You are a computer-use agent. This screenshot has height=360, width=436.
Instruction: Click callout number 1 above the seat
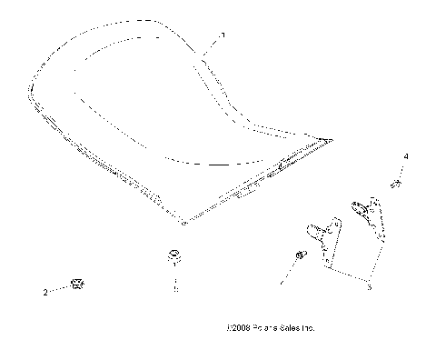point(222,35)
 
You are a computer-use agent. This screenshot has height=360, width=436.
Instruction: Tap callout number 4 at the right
point(405,157)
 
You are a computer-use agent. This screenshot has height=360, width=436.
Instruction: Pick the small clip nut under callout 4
point(396,185)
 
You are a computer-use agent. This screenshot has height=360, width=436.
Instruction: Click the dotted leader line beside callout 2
point(60,290)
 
